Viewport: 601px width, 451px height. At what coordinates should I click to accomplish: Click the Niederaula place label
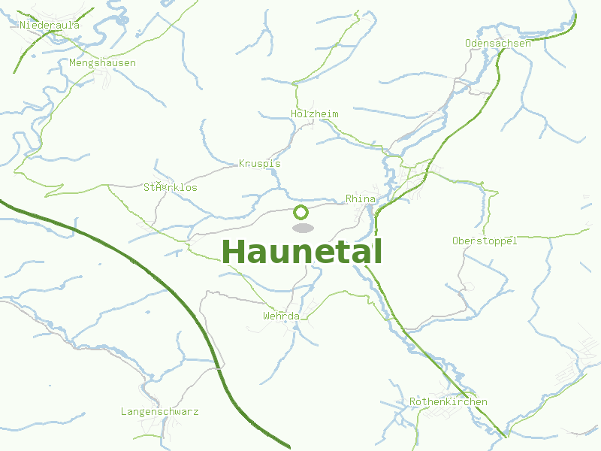point(50,25)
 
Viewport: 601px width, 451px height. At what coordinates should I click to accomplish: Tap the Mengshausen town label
point(102,63)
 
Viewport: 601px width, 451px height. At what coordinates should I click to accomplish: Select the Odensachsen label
point(497,44)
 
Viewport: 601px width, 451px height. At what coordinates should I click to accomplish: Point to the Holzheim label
point(314,114)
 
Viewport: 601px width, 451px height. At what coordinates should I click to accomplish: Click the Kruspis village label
point(259,163)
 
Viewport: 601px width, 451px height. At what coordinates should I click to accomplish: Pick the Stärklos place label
point(170,187)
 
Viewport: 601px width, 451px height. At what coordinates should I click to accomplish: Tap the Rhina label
point(360,199)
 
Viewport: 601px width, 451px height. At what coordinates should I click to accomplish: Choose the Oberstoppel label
point(485,241)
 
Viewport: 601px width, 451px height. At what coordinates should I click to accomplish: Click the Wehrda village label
point(281,316)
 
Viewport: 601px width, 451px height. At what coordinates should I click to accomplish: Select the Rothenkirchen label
point(448,402)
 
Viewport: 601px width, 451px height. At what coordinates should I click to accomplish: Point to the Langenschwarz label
point(159,412)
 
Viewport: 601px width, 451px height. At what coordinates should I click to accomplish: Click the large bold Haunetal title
point(302,253)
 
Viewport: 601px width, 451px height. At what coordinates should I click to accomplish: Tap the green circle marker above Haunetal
point(301,212)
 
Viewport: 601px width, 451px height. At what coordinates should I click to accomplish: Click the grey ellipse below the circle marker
point(302,228)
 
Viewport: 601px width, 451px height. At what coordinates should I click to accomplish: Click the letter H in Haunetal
point(234,253)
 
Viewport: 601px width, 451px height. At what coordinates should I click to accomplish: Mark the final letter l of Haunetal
point(378,251)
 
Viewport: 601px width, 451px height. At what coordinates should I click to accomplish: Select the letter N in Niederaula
point(23,25)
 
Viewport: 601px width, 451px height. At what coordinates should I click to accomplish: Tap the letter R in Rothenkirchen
point(413,402)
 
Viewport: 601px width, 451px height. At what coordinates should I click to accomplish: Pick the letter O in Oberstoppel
point(455,241)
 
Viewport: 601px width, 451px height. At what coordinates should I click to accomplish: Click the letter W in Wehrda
point(266,316)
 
